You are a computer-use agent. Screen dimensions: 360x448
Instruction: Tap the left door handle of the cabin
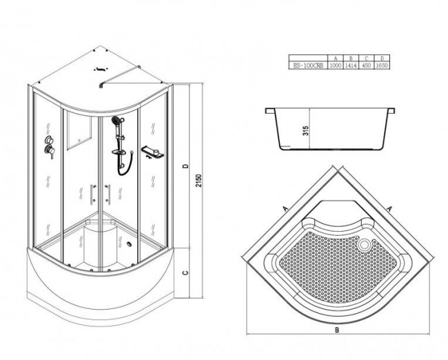(92, 192)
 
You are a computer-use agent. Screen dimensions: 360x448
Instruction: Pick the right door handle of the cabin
(109, 192)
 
